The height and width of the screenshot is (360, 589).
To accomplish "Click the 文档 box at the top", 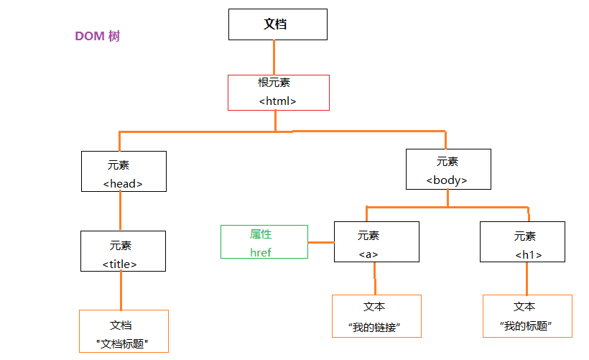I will click(x=277, y=24).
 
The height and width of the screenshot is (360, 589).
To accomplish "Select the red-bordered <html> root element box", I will click(x=278, y=93).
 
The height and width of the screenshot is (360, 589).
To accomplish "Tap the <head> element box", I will click(x=124, y=172).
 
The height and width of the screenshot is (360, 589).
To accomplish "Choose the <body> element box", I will click(x=447, y=170).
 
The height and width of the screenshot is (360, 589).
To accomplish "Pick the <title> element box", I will click(x=123, y=251).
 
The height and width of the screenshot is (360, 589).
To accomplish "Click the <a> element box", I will click(x=376, y=242).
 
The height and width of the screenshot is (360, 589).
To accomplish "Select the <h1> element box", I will click(x=522, y=242).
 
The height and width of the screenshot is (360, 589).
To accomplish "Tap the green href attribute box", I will click(x=264, y=242).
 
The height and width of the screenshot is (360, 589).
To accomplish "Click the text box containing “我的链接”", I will click(x=376, y=316).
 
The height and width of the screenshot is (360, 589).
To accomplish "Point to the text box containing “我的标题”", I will click(x=527, y=316).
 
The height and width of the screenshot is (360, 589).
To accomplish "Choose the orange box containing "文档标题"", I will click(x=124, y=331).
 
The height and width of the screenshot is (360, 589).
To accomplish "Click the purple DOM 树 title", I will click(x=97, y=37).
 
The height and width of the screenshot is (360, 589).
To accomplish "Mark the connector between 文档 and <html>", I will click(x=274, y=57).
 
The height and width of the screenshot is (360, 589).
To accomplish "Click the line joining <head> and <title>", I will click(x=120, y=211).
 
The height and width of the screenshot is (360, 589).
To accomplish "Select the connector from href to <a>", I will click(x=321, y=243).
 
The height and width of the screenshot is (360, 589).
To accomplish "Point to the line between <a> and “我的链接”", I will click(x=374, y=279).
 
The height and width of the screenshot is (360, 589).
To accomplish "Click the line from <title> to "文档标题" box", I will click(x=121, y=291).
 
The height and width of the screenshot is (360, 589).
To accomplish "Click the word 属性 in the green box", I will click(x=261, y=234).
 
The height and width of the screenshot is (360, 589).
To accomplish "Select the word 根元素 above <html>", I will click(x=274, y=83).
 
